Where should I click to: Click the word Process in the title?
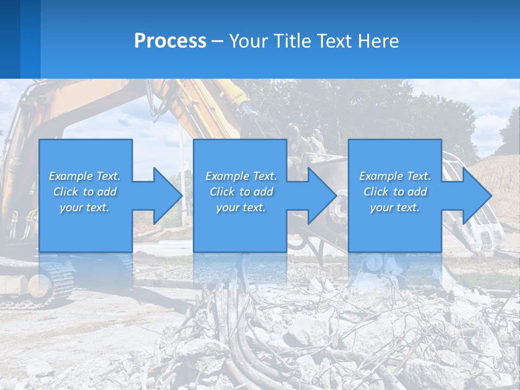click(170, 41)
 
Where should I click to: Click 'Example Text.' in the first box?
click(84, 176)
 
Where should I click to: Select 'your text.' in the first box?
click(84, 207)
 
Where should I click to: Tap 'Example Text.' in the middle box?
click(241, 176)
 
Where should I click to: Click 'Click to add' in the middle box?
click(241, 192)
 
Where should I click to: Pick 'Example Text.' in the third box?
click(395, 176)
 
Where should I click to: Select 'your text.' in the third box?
click(395, 207)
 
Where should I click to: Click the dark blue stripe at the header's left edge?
click(10, 39)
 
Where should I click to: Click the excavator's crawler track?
click(54, 279)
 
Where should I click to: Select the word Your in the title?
click(247, 41)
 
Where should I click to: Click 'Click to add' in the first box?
click(84, 192)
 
